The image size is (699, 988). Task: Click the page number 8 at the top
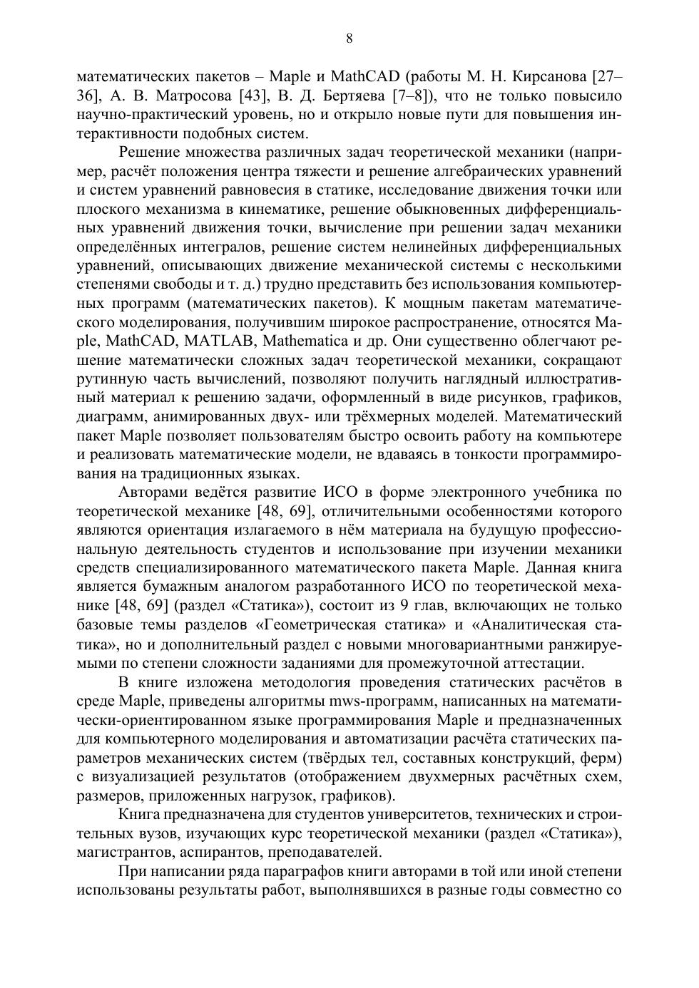coord(349,38)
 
